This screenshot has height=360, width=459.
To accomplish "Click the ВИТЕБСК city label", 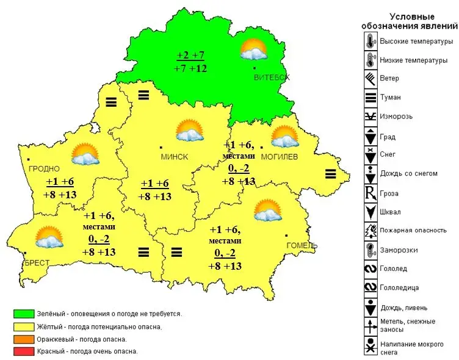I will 272,77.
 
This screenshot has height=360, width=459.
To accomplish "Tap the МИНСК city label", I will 174,157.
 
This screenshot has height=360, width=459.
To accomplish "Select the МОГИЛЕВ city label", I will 279,157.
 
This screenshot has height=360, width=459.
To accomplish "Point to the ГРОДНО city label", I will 43,168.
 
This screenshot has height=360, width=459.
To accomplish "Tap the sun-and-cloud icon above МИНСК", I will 189,130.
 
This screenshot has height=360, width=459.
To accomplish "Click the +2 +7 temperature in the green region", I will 191,56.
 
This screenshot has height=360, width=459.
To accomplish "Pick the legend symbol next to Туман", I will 369,96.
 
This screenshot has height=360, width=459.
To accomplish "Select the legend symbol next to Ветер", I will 369,78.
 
